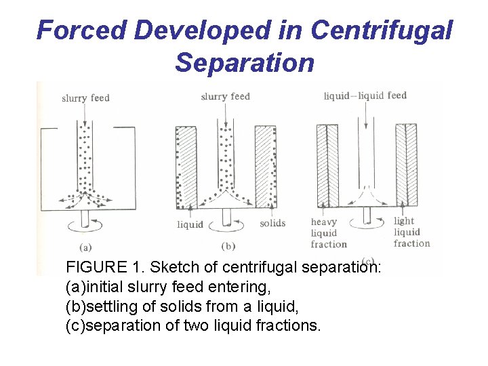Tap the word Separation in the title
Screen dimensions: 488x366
pos(245,62)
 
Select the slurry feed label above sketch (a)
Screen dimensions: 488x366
pos(85,98)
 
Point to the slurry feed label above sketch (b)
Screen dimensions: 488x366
pos(225,97)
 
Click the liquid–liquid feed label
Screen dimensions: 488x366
pos(365,96)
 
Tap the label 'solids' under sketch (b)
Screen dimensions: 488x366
pos(272,223)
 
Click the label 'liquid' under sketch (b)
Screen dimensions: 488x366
pos(190,224)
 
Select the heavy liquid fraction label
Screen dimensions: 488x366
pos(329,232)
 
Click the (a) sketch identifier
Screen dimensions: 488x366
pos(85,247)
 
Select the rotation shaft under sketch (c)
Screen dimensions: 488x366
pos(367,215)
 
